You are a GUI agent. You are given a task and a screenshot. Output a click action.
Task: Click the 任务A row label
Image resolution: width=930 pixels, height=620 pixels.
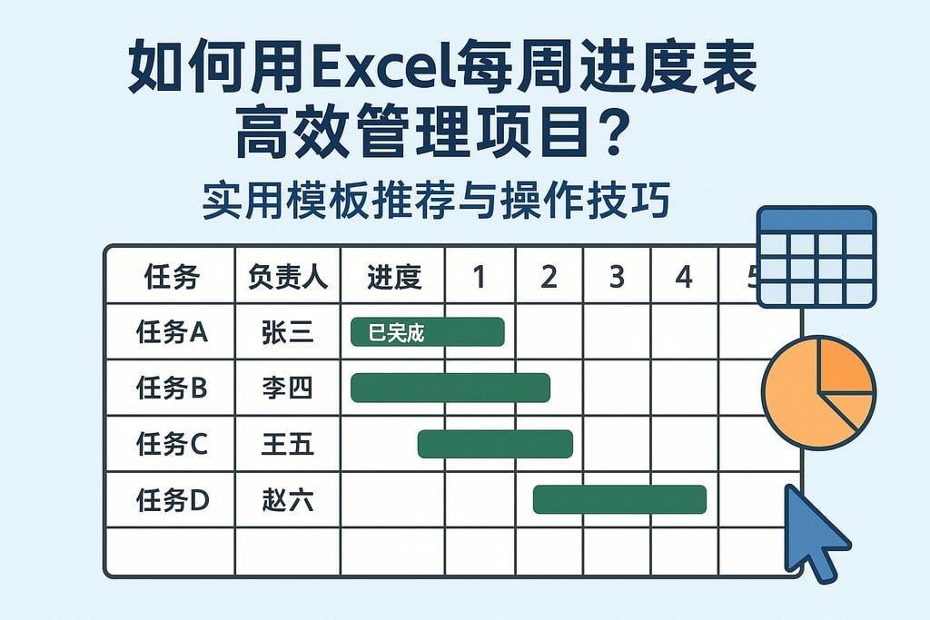point(172,332)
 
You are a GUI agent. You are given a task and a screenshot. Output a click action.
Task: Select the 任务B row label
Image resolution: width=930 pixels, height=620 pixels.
point(172,389)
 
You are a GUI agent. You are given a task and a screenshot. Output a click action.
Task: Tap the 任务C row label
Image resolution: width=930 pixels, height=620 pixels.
point(172,445)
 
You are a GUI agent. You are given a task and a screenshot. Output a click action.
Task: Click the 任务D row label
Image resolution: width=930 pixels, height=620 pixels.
point(172,499)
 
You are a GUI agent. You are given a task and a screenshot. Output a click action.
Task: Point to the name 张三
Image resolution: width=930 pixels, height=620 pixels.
point(287,332)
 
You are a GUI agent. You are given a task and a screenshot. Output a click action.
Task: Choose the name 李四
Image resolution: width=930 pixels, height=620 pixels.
point(287,389)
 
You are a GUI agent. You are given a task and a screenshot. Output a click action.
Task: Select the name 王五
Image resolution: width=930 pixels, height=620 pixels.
point(287,445)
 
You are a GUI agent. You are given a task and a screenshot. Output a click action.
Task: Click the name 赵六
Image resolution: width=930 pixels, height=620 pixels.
point(287,499)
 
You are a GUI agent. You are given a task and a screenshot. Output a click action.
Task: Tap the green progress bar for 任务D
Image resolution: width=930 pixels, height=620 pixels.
point(619,499)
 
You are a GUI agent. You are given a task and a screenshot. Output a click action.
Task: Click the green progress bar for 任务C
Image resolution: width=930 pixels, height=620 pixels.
point(495,444)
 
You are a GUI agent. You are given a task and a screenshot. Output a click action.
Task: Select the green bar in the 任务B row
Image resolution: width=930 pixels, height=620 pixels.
point(450,388)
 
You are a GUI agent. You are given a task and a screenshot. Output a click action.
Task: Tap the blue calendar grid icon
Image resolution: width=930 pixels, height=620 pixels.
point(816,257)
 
